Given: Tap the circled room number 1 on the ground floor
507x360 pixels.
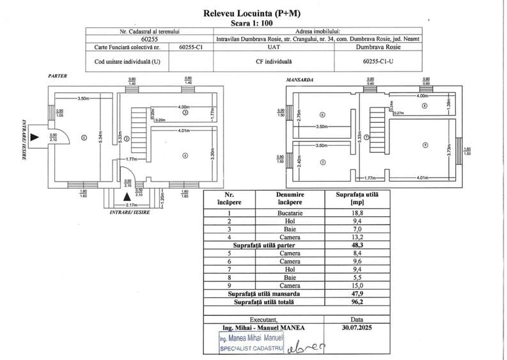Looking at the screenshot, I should [x=84, y=137].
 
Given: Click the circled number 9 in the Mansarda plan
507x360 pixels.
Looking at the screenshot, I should [x=425, y=146].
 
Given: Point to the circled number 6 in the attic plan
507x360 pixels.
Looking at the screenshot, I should [x=322, y=114].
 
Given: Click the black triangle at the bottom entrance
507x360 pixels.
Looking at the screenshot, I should [x=127, y=197].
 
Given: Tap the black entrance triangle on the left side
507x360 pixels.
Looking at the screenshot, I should [x=36, y=137].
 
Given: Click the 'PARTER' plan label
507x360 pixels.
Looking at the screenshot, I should [x=58, y=76].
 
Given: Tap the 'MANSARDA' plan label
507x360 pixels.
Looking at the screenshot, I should [x=300, y=80].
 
